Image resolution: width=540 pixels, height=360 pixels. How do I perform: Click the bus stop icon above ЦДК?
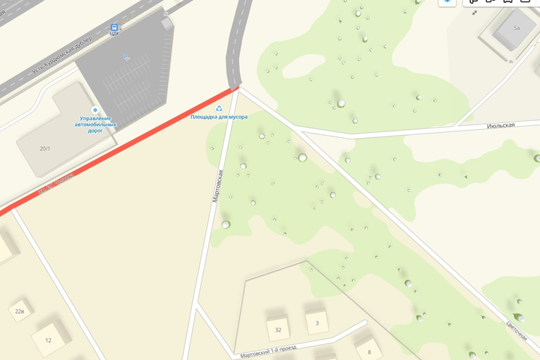(x=115, y=26)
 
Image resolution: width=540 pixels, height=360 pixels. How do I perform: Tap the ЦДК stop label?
(x=115, y=34)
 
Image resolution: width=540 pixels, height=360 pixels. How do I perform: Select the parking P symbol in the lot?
(x=126, y=57)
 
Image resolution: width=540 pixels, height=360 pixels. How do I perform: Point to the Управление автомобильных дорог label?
(x=95, y=124)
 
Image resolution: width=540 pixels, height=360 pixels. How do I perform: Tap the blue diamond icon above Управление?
(x=95, y=109)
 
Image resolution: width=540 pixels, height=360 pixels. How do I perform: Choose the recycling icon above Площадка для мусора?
(x=219, y=108)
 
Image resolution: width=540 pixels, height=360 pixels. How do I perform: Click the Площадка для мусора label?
(x=219, y=117)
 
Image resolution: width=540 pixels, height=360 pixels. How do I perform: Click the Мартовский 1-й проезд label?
(x=268, y=350)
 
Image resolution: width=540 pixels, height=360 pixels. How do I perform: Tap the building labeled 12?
(x=48, y=340)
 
